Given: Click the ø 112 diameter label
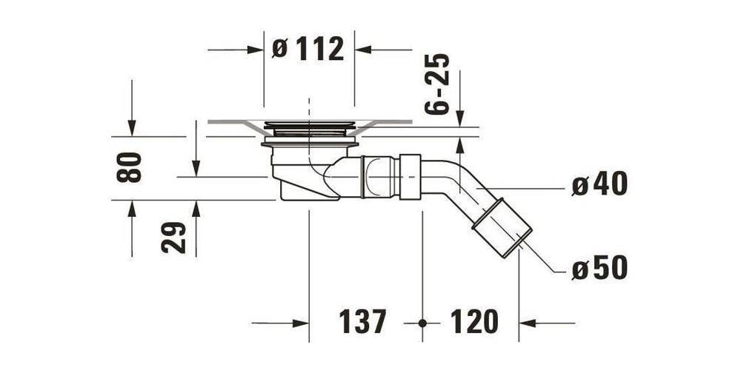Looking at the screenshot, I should (x=309, y=50).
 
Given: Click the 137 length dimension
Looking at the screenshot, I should (x=363, y=323).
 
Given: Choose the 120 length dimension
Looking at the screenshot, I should (x=473, y=323).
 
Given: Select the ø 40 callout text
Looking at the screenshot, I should (x=599, y=184).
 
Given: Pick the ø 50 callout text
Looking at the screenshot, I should (x=599, y=269).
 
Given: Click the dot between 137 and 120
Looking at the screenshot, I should (x=422, y=323).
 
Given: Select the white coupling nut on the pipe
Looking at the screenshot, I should (x=410, y=177).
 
